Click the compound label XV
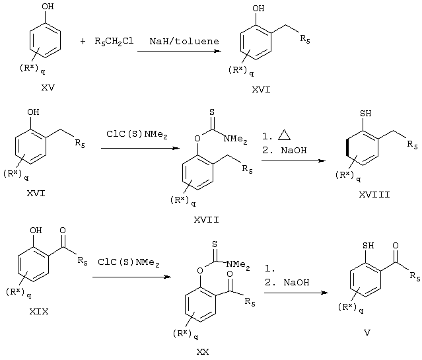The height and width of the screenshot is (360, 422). [48, 87]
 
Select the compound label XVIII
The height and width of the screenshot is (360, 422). [374, 194]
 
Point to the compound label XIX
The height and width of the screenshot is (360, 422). [39, 312]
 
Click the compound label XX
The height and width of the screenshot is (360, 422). [202, 351]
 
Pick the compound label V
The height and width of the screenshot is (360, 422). [367, 333]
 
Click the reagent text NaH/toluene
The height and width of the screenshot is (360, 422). [184, 41]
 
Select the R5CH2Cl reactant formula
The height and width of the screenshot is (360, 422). [114, 41]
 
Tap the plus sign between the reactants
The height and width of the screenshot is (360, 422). [83, 42]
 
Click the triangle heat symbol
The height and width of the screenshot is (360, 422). [284, 135]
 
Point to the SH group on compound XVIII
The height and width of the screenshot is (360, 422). [365, 114]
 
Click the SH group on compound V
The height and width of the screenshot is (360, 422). [368, 246]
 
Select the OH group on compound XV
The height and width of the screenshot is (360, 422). [48, 6]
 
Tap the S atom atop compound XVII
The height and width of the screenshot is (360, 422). [212, 112]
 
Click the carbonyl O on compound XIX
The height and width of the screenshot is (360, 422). [63, 231]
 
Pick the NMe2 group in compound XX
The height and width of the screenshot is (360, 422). [238, 265]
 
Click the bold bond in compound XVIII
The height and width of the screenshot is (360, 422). [347, 148]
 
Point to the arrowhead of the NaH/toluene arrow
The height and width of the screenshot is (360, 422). [217, 51]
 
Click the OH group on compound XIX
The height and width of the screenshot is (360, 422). [36, 231]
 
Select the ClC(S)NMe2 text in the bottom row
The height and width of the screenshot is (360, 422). [129, 262]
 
